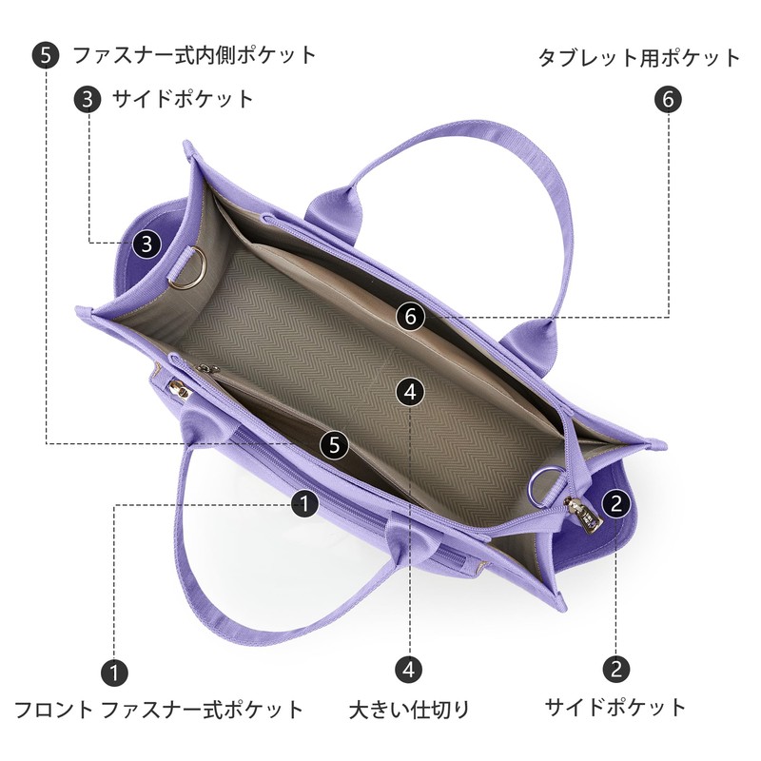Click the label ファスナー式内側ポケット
point(194,55)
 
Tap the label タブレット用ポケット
point(639,58)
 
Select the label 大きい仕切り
point(409,710)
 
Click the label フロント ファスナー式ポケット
point(159,710)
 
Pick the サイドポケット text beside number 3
point(183,99)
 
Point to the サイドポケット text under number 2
point(615,707)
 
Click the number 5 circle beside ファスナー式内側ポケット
point(46,55)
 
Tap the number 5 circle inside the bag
point(334,444)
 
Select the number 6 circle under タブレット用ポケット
point(669,100)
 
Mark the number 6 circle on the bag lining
point(411,317)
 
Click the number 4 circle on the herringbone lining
point(410,392)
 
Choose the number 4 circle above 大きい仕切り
point(409,670)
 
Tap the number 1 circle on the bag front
point(304,504)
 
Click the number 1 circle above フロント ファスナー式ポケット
point(114,673)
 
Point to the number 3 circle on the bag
point(147,244)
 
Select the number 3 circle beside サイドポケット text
point(88,99)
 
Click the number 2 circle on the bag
point(615,503)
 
